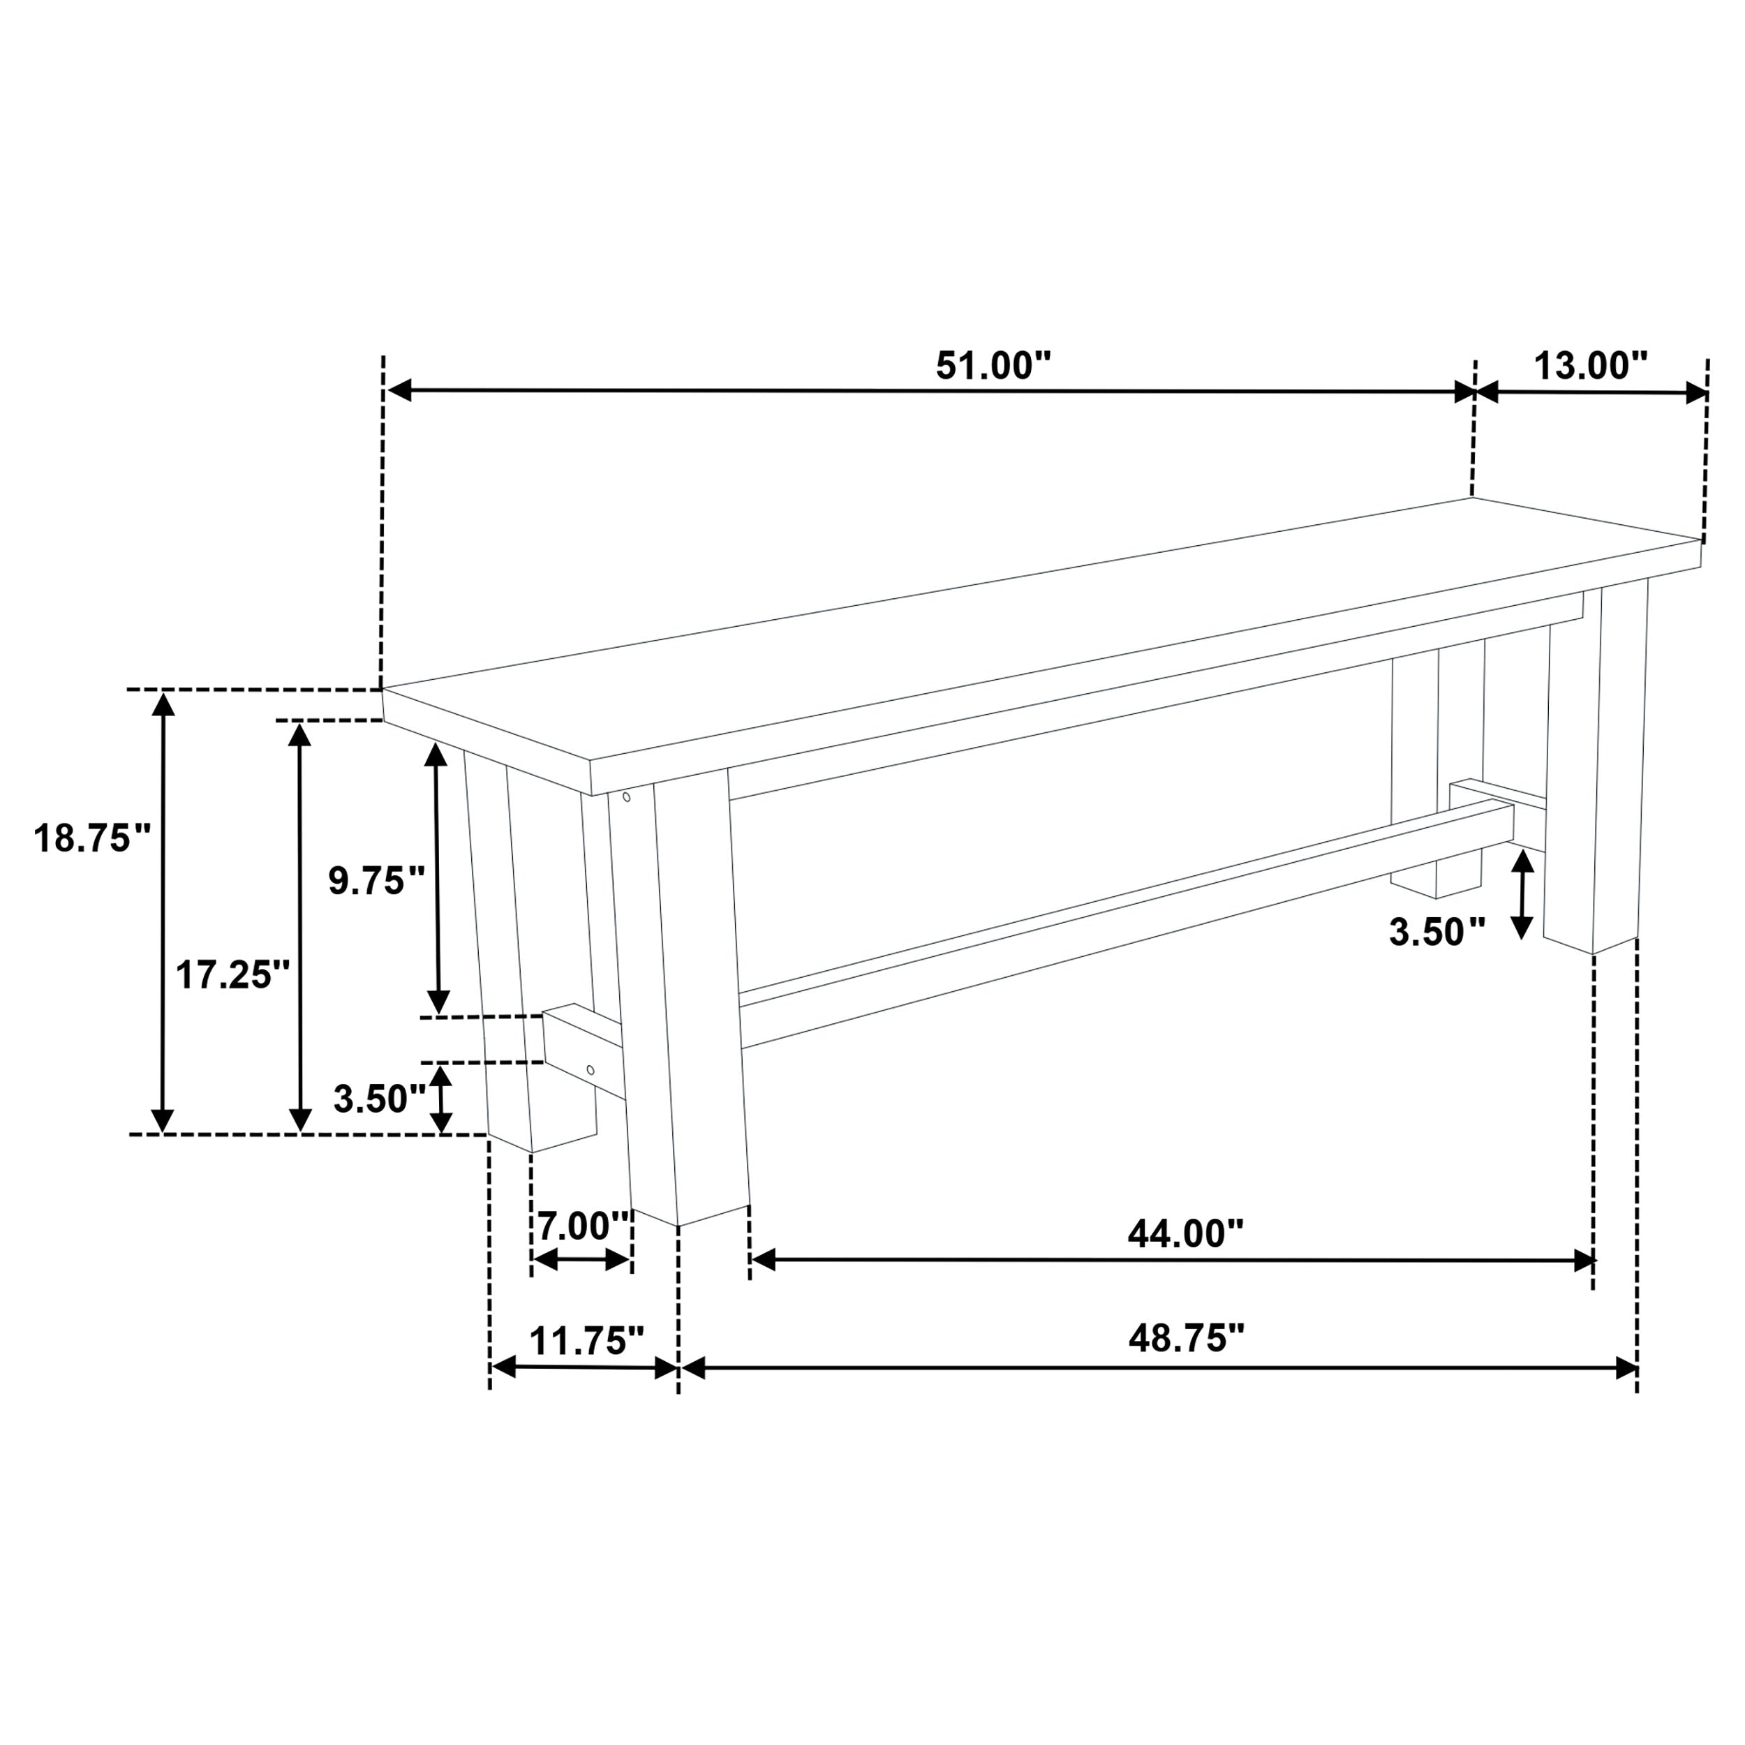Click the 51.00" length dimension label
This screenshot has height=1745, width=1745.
[x=993, y=366]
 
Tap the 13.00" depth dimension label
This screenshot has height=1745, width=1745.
[x=1591, y=366]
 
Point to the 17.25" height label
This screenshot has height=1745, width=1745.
[x=233, y=976]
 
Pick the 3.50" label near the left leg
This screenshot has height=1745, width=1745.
[x=379, y=1099]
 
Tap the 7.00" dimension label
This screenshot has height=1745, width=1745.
[x=584, y=1226]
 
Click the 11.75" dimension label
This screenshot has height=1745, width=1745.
[x=587, y=1342]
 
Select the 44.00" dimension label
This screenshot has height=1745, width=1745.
[x=1186, y=1234]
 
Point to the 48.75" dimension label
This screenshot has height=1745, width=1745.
[x=1186, y=1339]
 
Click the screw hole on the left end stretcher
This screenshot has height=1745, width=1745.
[x=591, y=1070]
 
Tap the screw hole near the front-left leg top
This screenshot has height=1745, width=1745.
[x=626, y=796]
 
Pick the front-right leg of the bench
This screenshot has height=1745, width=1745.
[x=1594, y=777]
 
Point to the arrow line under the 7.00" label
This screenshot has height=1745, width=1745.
[x=581, y=1260]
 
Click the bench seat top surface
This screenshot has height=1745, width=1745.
[x=1039, y=632]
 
